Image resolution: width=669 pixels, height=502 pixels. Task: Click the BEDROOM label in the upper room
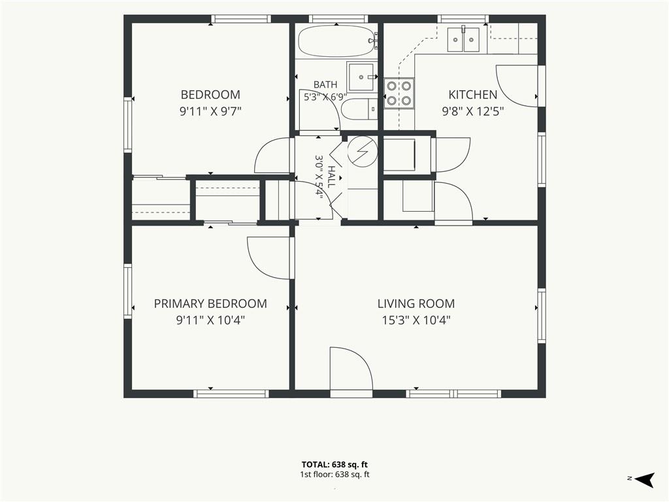tap(210, 94)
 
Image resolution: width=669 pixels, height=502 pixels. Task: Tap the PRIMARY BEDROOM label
tap(210, 303)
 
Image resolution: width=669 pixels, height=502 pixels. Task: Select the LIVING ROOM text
tap(416, 303)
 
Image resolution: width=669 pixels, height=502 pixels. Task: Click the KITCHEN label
tap(473, 94)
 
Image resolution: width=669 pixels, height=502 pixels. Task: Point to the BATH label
tap(325, 84)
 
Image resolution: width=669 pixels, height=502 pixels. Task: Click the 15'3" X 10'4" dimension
tap(416, 320)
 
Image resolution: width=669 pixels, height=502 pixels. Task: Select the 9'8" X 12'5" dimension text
tap(473, 111)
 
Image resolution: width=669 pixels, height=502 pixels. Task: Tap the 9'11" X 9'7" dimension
tap(210, 111)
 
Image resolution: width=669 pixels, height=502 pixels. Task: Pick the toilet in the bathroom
tap(359, 109)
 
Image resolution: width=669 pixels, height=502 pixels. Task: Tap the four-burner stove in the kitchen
tap(399, 93)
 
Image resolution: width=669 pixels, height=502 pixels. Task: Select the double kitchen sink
tap(463, 39)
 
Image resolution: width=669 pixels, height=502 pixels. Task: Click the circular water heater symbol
tap(362, 152)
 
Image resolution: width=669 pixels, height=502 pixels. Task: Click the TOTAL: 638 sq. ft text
tap(334, 465)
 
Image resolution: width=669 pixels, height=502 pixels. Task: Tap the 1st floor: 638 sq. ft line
tap(334, 475)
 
